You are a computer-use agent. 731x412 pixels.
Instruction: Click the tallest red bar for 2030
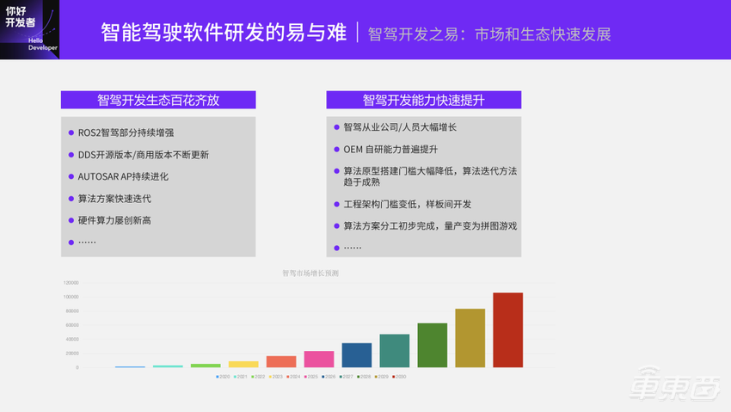pyautogui.click(x=507, y=330)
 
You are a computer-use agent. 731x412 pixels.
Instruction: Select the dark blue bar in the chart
pyautogui.click(x=357, y=355)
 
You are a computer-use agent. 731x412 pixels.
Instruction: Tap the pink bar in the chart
pyautogui.click(x=319, y=359)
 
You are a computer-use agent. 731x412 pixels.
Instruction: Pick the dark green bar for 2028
pyautogui.click(x=433, y=346)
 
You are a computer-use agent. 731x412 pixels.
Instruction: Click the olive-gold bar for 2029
pyautogui.click(x=470, y=338)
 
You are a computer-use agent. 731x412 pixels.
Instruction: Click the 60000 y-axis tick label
pyautogui.click(x=71, y=325)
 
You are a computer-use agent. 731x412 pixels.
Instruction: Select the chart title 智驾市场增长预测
pyautogui.click(x=310, y=274)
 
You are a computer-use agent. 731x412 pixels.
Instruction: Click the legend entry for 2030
pyautogui.click(x=399, y=377)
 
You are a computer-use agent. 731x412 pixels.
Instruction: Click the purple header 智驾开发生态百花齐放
pyautogui.click(x=158, y=100)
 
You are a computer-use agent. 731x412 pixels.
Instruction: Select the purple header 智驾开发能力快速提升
pyautogui.click(x=423, y=100)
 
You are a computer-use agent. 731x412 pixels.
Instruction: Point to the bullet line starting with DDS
pyautogui.click(x=143, y=155)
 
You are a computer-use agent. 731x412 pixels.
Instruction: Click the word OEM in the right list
pyautogui.click(x=353, y=149)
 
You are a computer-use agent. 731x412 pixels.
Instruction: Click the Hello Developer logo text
pyautogui.click(x=42, y=44)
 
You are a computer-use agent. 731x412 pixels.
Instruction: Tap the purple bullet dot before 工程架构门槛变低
pyautogui.click(x=336, y=205)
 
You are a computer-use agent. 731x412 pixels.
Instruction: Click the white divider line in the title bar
pyautogui.click(x=357, y=33)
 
